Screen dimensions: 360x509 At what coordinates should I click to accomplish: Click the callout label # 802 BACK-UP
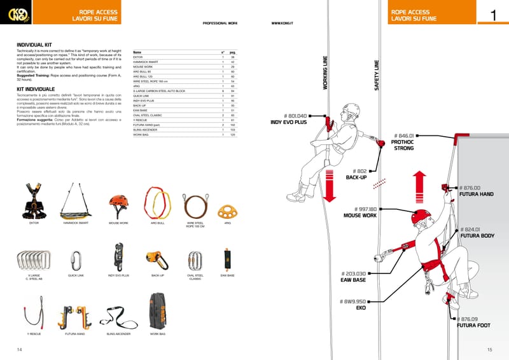(x=356, y=174)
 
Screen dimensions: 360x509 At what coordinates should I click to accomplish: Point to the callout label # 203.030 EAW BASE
(x=353, y=277)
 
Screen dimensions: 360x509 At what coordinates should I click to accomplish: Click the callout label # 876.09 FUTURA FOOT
(x=473, y=322)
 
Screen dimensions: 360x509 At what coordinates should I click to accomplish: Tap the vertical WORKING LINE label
(x=326, y=73)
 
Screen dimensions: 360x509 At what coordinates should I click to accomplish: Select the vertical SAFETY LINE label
(x=377, y=75)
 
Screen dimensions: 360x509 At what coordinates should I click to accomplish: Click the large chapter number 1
(x=493, y=16)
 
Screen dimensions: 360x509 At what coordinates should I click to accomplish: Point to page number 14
(x=20, y=350)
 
